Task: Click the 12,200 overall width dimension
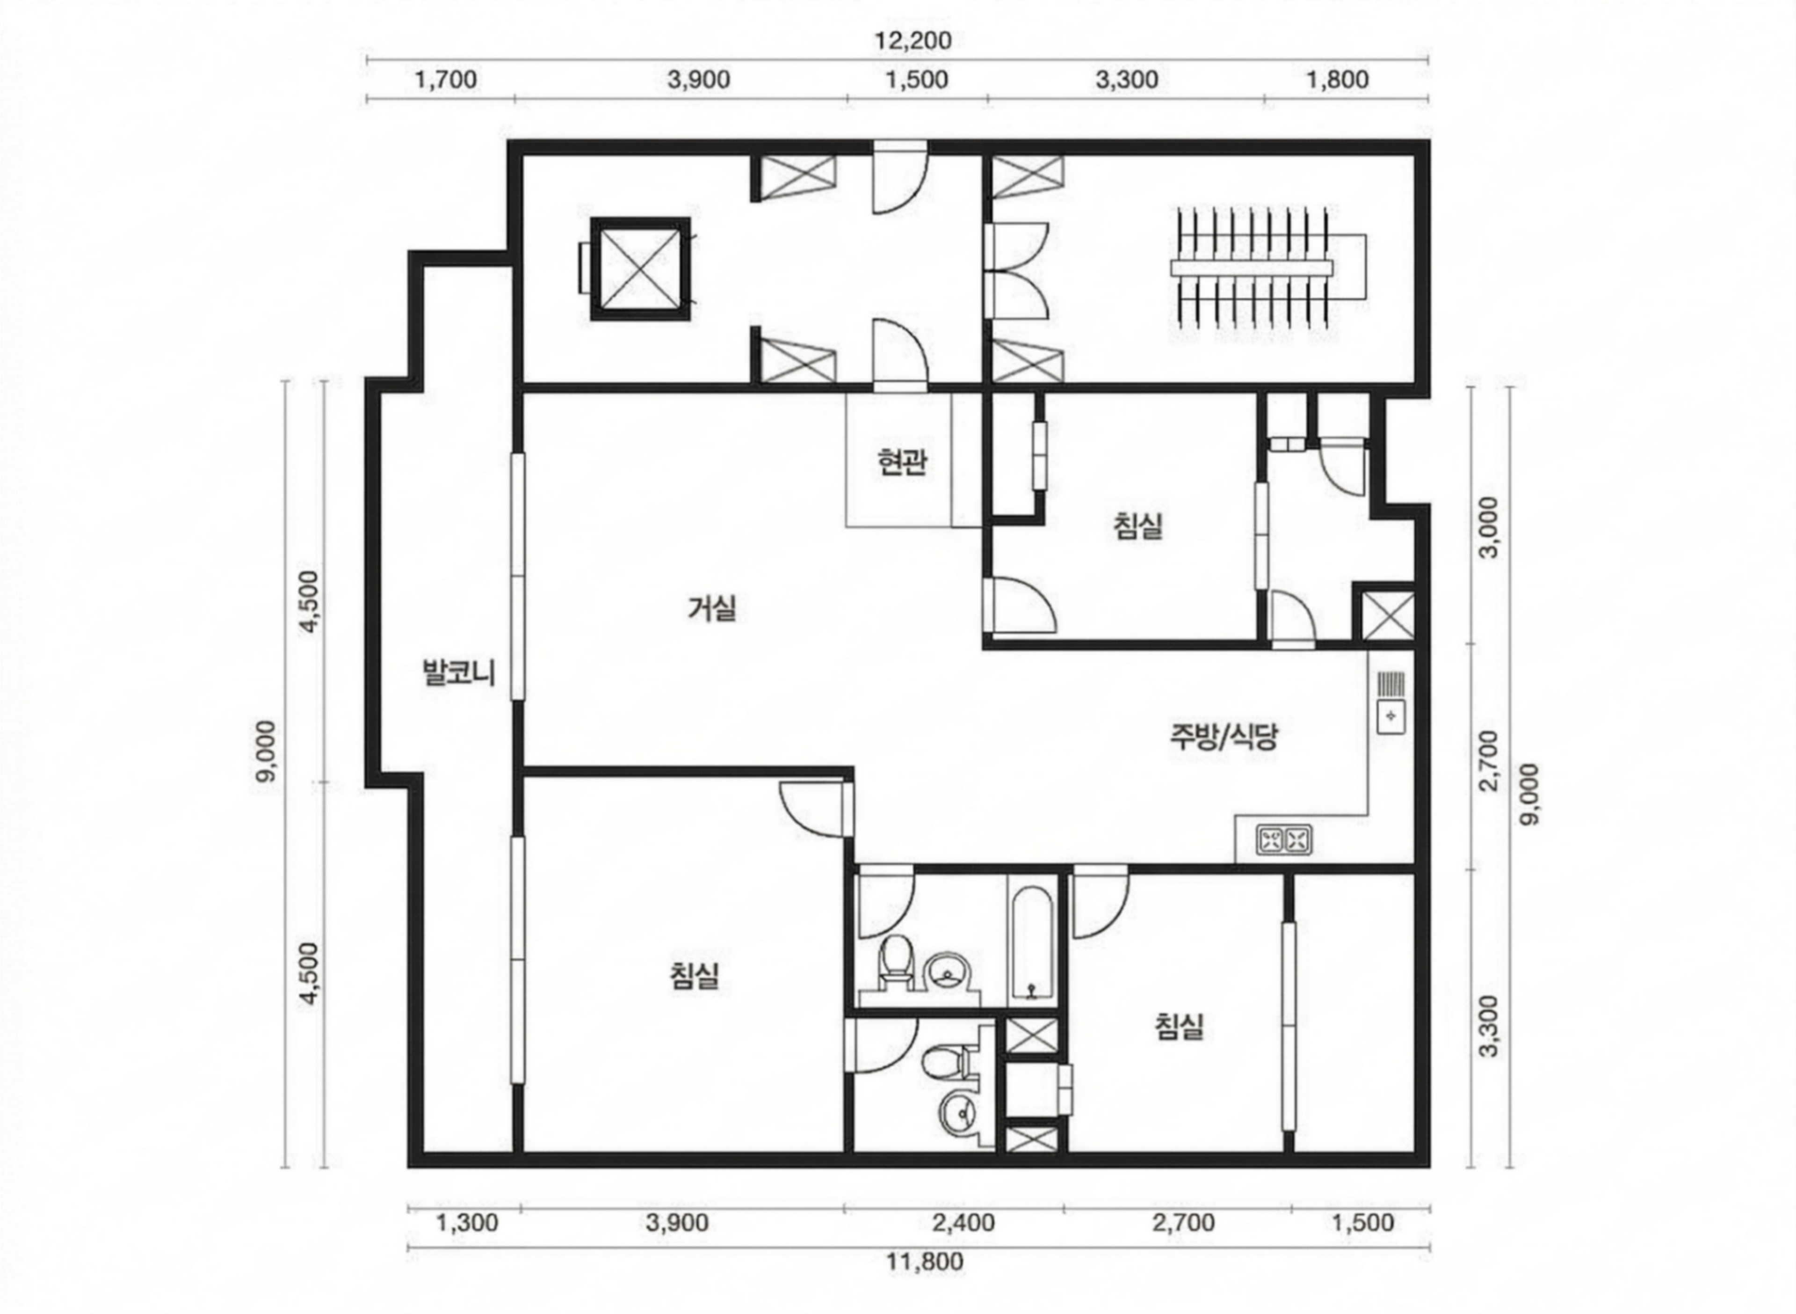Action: tap(912, 40)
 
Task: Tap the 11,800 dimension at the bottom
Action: tap(925, 1262)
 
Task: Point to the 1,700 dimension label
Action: tap(446, 80)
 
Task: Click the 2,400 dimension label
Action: tap(963, 1222)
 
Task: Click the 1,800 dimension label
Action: tap(1337, 80)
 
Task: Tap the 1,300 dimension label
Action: tap(467, 1222)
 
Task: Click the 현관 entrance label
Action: tap(902, 462)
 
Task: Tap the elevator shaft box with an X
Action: tap(640, 269)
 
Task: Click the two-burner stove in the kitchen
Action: tap(1284, 839)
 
